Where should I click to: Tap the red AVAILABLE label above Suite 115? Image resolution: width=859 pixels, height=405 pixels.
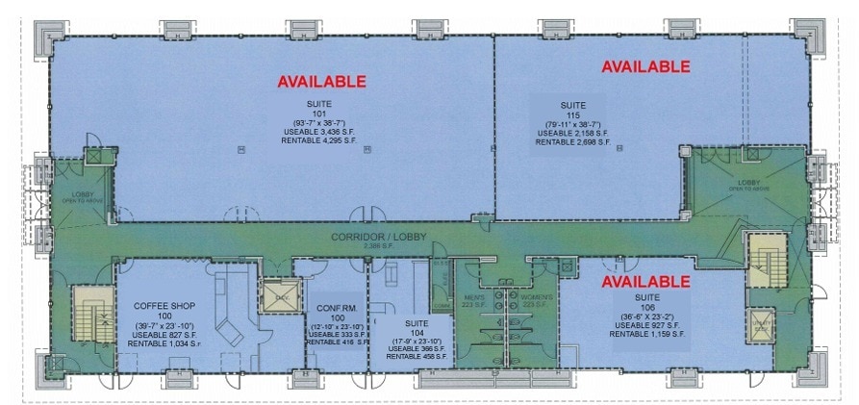[x=645, y=66]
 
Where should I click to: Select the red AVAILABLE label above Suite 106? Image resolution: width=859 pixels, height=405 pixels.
[x=645, y=282]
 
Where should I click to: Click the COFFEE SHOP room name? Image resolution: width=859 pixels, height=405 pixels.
[x=158, y=305]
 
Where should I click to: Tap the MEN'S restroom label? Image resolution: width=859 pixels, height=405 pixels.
[x=474, y=296]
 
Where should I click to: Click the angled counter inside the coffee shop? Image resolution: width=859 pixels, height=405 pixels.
[x=229, y=328]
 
